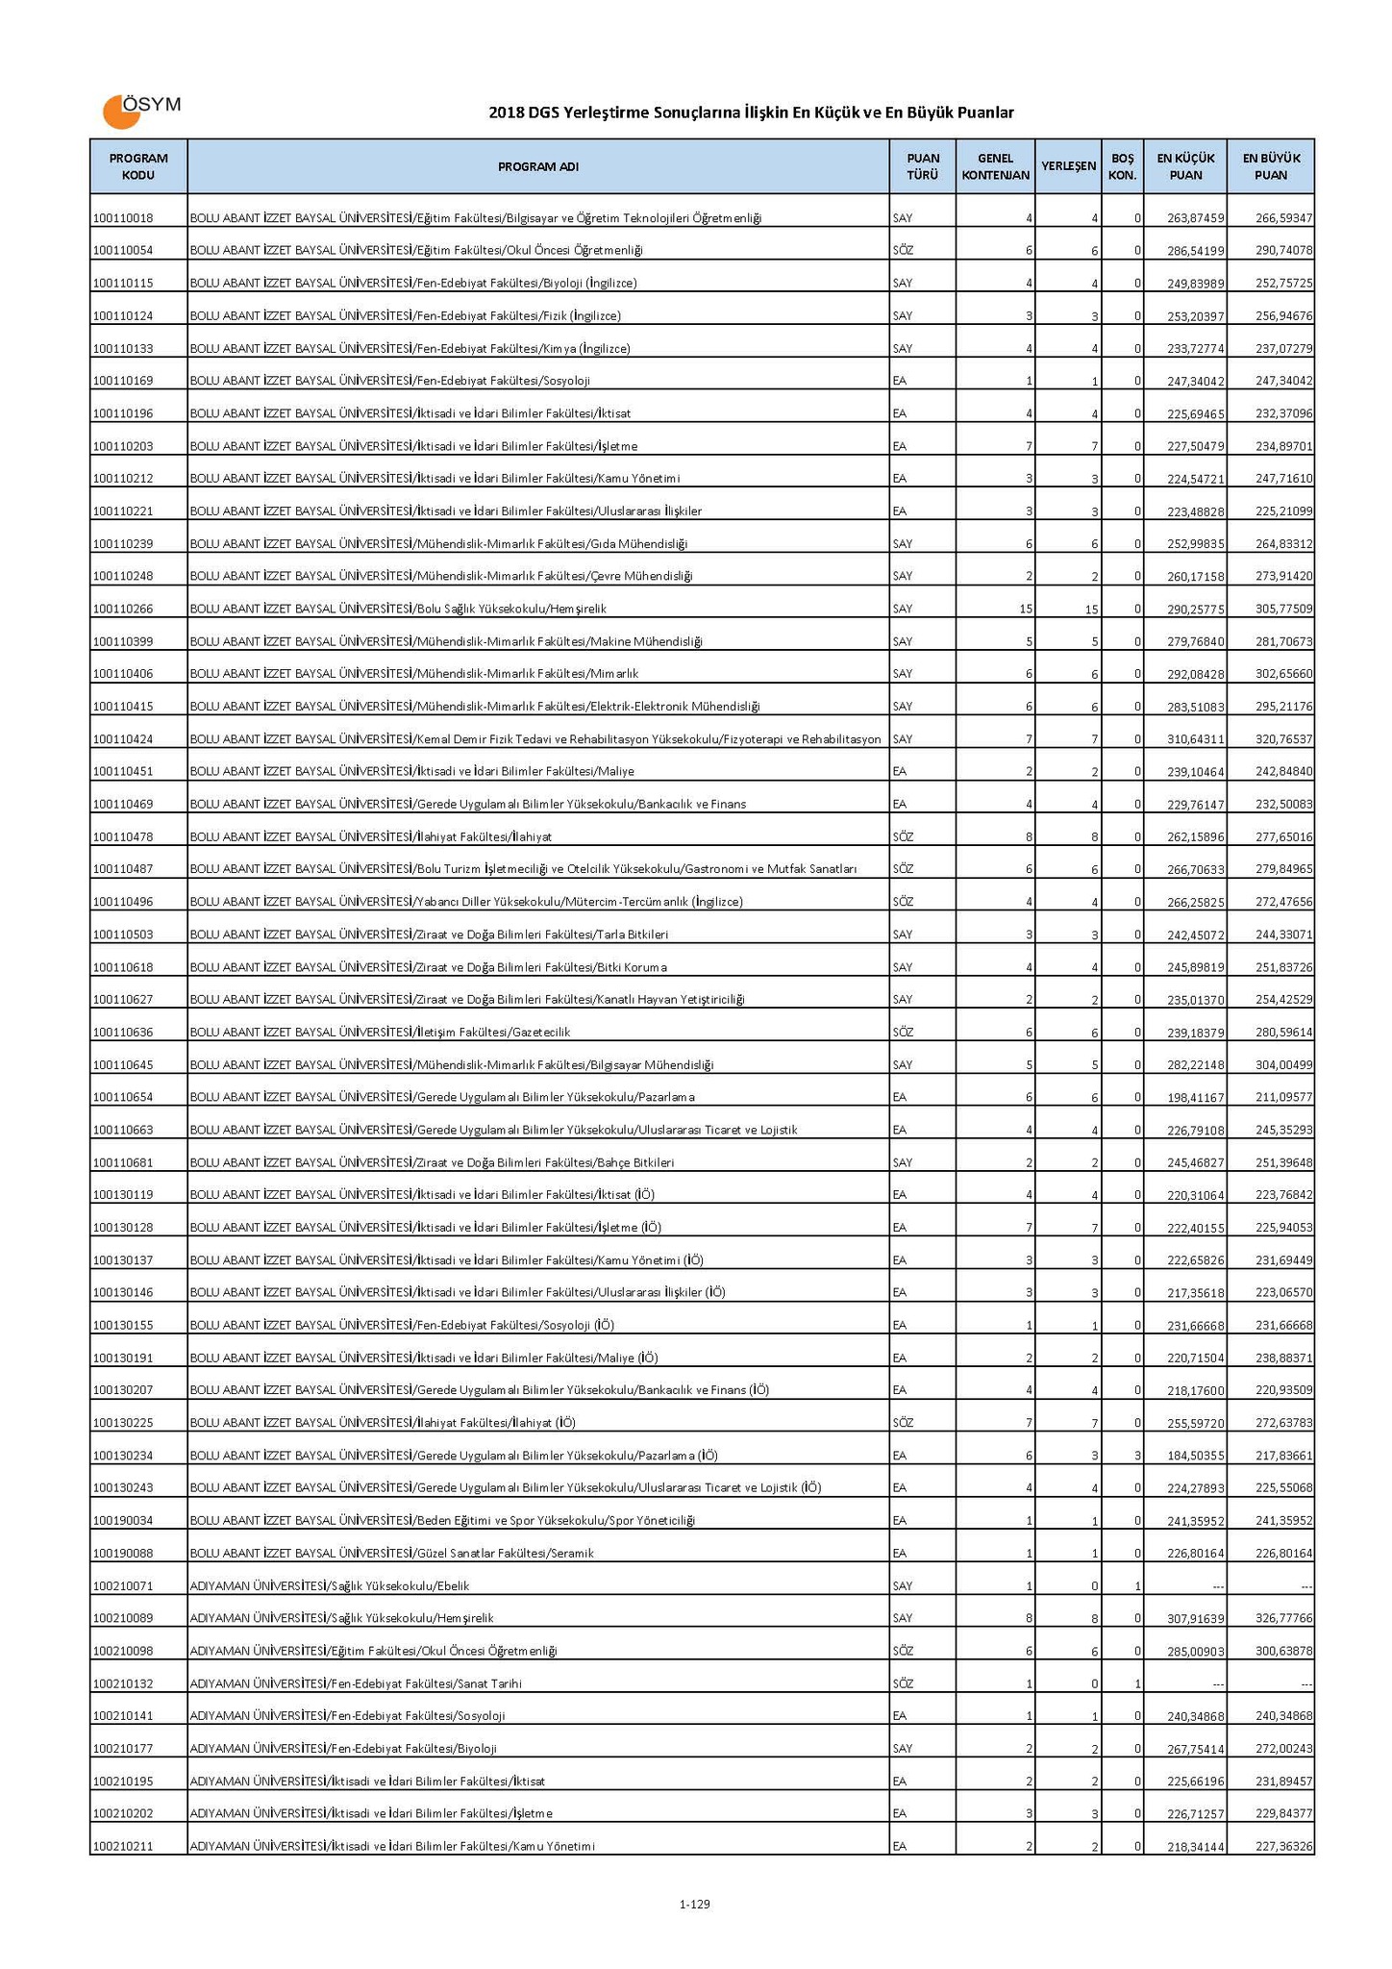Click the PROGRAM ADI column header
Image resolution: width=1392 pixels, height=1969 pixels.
coord(537,166)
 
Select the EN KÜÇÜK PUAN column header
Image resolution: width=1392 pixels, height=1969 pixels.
coord(1184,166)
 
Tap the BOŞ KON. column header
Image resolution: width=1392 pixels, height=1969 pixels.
coord(1122,166)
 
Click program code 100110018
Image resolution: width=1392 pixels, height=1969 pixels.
coord(123,218)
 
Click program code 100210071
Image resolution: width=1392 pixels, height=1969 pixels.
coord(123,1585)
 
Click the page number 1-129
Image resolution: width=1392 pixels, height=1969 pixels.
coord(694,1904)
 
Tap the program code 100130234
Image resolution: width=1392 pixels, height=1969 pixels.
coord(123,1456)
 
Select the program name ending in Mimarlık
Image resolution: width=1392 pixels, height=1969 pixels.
coord(414,674)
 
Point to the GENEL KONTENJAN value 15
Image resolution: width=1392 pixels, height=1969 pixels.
coord(1026,609)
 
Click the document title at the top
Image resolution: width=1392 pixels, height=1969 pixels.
coord(751,112)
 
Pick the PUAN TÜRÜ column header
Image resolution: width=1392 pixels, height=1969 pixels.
coord(922,166)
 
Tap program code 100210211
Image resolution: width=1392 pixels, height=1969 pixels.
coord(123,1846)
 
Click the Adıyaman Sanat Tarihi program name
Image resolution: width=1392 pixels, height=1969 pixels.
coord(356,1683)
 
